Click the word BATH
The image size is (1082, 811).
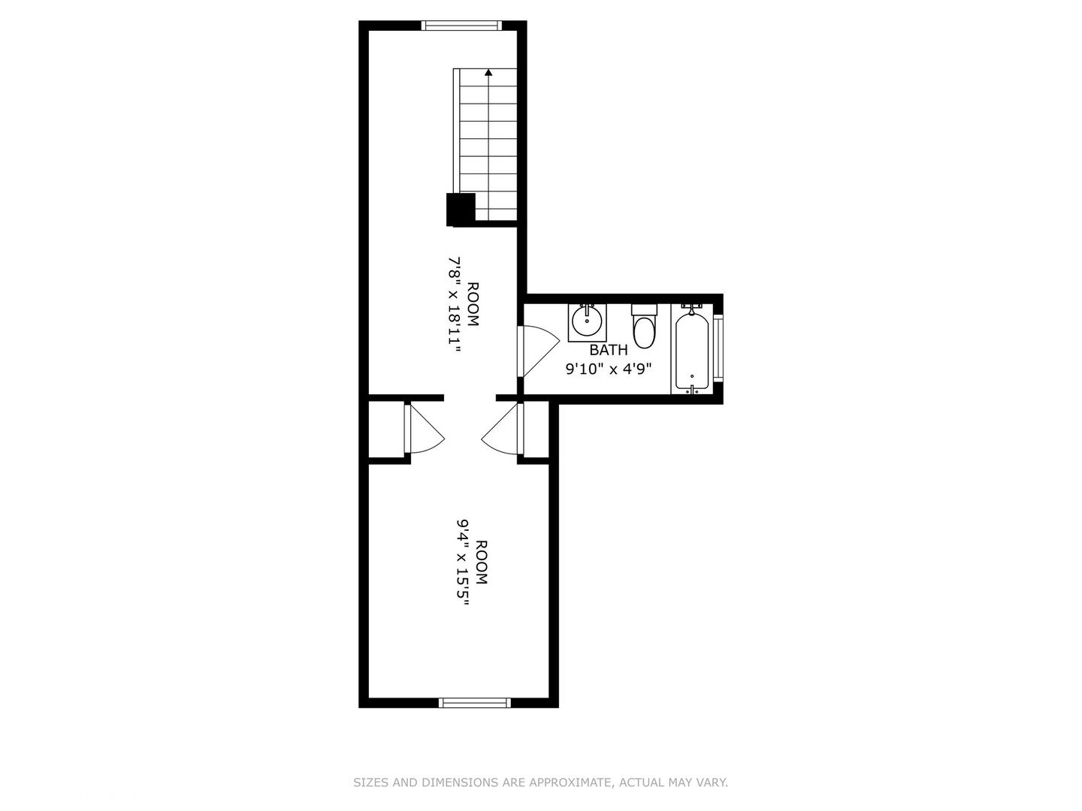(x=609, y=350)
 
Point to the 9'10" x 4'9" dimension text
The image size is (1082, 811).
(x=609, y=369)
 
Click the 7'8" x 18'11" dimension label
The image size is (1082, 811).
(x=455, y=304)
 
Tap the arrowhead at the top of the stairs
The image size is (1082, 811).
(x=488, y=72)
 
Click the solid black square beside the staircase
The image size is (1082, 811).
(x=461, y=210)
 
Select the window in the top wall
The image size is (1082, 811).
(x=461, y=25)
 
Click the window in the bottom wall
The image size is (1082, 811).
(x=475, y=703)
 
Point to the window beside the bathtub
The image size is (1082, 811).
(x=718, y=348)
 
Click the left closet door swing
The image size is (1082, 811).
(x=425, y=428)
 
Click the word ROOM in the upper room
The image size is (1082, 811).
(x=473, y=304)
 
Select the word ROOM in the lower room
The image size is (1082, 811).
(x=481, y=562)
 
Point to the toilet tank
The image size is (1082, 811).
(x=645, y=310)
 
